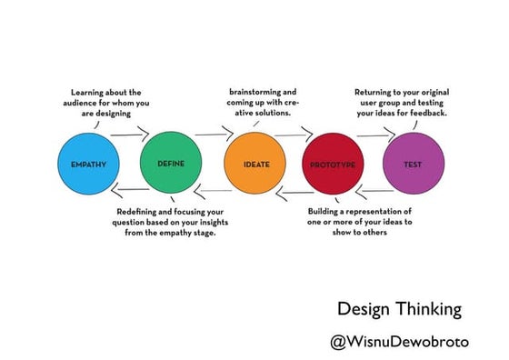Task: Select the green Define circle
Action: tap(171, 164)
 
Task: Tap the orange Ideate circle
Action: tap(255, 165)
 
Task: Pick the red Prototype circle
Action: tap(332, 165)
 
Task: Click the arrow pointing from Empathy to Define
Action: tap(130, 135)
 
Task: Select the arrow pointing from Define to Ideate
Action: tap(215, 135)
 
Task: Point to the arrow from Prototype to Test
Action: tap(374, 135)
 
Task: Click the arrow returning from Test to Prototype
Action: tap(375, 193)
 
